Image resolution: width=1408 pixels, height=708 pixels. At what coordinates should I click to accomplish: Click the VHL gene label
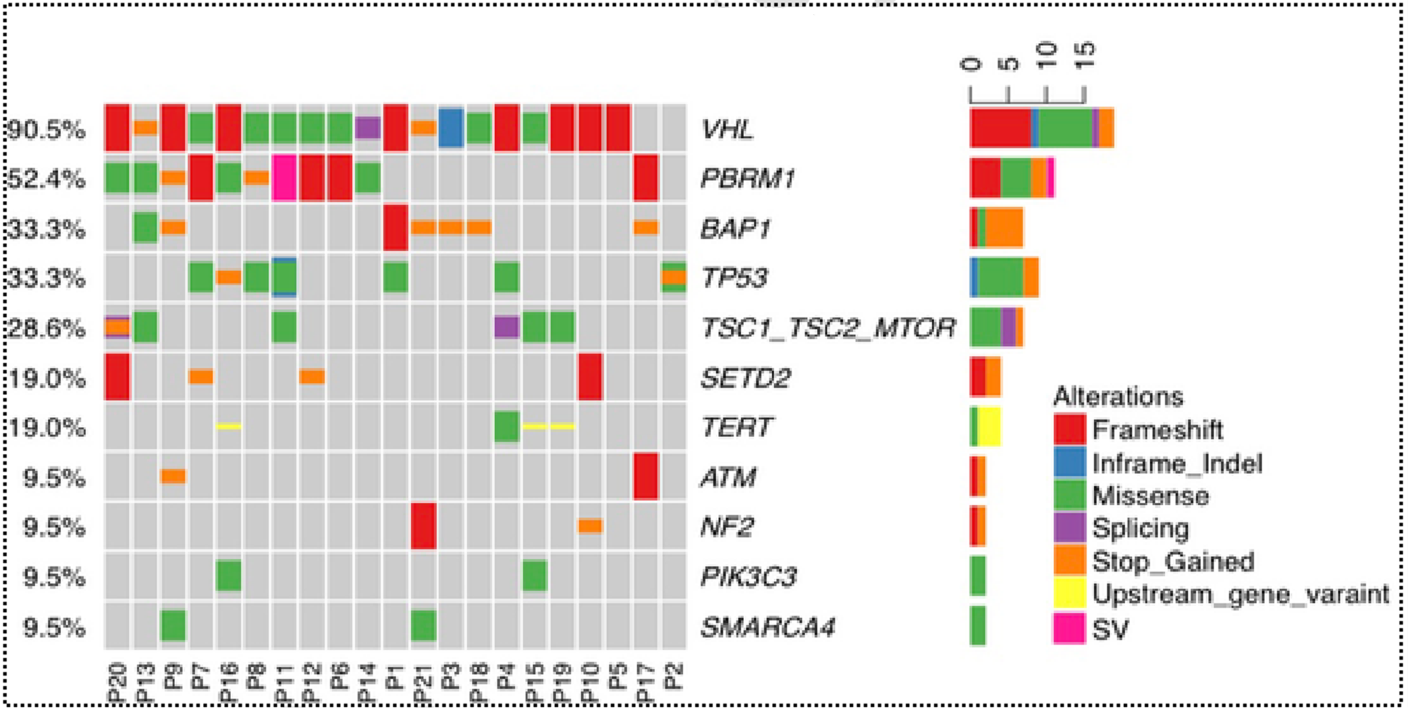coord(727,129)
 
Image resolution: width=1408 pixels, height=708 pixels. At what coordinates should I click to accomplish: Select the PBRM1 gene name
coord(747,178)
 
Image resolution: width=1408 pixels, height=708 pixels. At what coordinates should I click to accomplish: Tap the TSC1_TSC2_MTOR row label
coord(828,327)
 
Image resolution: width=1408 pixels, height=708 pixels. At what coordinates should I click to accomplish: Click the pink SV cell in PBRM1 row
coord(284,178)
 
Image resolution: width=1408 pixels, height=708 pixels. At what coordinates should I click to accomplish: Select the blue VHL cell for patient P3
coord(450,128)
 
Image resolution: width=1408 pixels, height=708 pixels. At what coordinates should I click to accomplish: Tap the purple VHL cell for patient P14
coord(367,128)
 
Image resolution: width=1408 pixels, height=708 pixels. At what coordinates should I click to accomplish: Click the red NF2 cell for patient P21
coord(423,526)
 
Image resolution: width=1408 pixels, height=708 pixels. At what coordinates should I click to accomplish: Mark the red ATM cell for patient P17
coord(646,476)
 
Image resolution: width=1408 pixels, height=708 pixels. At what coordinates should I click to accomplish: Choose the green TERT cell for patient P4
coord(507,426)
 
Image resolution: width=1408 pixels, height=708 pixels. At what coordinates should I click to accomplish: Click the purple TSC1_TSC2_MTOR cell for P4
coord(507,327)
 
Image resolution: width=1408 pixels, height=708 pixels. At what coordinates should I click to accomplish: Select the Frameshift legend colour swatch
coord(1069,429)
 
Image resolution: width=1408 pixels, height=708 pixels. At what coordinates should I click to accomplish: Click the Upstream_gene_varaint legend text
coord(1240,594)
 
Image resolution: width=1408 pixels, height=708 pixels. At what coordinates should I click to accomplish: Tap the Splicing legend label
coord(1141,528)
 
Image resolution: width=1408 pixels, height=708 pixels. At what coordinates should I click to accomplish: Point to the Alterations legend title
coord(1118,396)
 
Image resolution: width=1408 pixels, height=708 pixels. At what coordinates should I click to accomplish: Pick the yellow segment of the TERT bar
coord(988,427)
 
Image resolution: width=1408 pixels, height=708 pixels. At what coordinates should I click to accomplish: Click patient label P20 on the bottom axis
coord(117,685)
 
